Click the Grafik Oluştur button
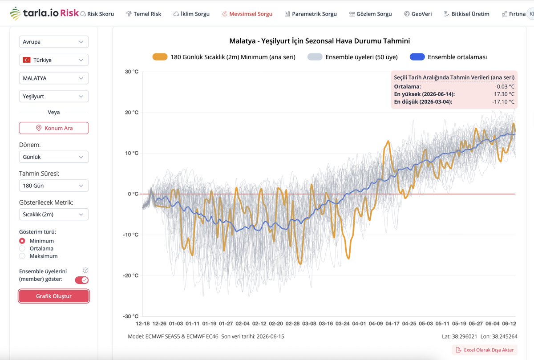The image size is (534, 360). click(54, 296)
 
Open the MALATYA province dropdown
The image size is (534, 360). click(53, 78)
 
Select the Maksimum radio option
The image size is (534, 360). click(22, 256)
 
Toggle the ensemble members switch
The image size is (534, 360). click(82, 280)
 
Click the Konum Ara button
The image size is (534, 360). click(54, 128)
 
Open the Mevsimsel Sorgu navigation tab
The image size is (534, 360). click(247, 14)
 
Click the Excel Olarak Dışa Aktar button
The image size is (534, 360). click(485, 350)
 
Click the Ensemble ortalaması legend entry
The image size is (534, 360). click(457, 57)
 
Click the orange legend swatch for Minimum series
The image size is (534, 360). click(160, 57)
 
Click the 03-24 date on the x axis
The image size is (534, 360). click(342, 324)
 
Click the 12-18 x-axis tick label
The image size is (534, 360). click(142, 324)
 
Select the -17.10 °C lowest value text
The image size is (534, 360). click(503, 102)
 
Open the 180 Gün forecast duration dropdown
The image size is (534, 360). click(53, 186)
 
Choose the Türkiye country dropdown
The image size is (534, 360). click(53, 60)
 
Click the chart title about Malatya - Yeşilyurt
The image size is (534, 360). click(320, 41)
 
